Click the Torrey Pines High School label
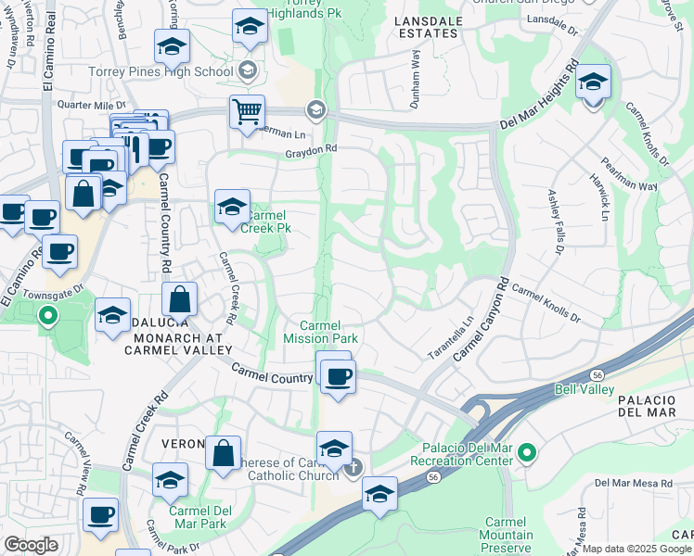coord(161,71)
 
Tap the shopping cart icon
coord(247,113)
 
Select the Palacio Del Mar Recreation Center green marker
coord(527,452)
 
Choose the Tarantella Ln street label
coord(451,339)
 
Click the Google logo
coord(31,545)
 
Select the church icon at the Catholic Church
coord(353,468)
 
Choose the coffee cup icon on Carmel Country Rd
coord(338,376)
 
